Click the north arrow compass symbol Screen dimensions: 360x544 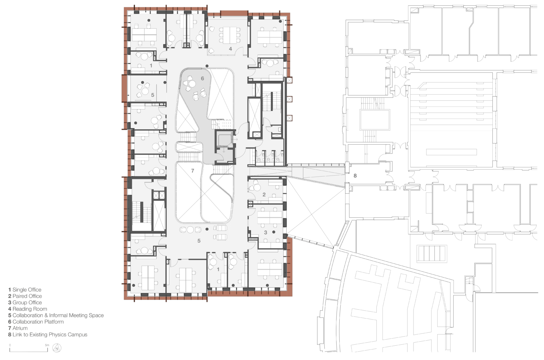click(x=57, y=348)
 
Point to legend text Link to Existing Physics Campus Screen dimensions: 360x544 click(x=48, y=334)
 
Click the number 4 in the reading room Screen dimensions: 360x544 click(x=231, y=49)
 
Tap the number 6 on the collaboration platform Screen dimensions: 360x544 click(x=202, y=79)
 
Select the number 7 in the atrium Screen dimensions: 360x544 click(x=192, y=171)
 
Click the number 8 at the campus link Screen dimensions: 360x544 click(x=355, y=176)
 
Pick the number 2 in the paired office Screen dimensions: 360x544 click(x=264, y=195)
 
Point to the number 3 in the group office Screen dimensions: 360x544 click(x=266, y=232)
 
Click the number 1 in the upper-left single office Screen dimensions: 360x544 click(x=151, y=65)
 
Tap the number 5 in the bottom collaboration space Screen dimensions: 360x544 click(x=199, y=241)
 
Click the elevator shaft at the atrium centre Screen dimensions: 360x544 click(x=224, y=140)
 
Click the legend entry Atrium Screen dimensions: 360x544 click(x=18, y=328)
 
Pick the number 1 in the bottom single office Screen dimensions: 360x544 click(x=218, y=269)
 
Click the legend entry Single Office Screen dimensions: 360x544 click(x=24, y=290)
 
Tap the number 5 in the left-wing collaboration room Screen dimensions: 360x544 click(x=152, y=95)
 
